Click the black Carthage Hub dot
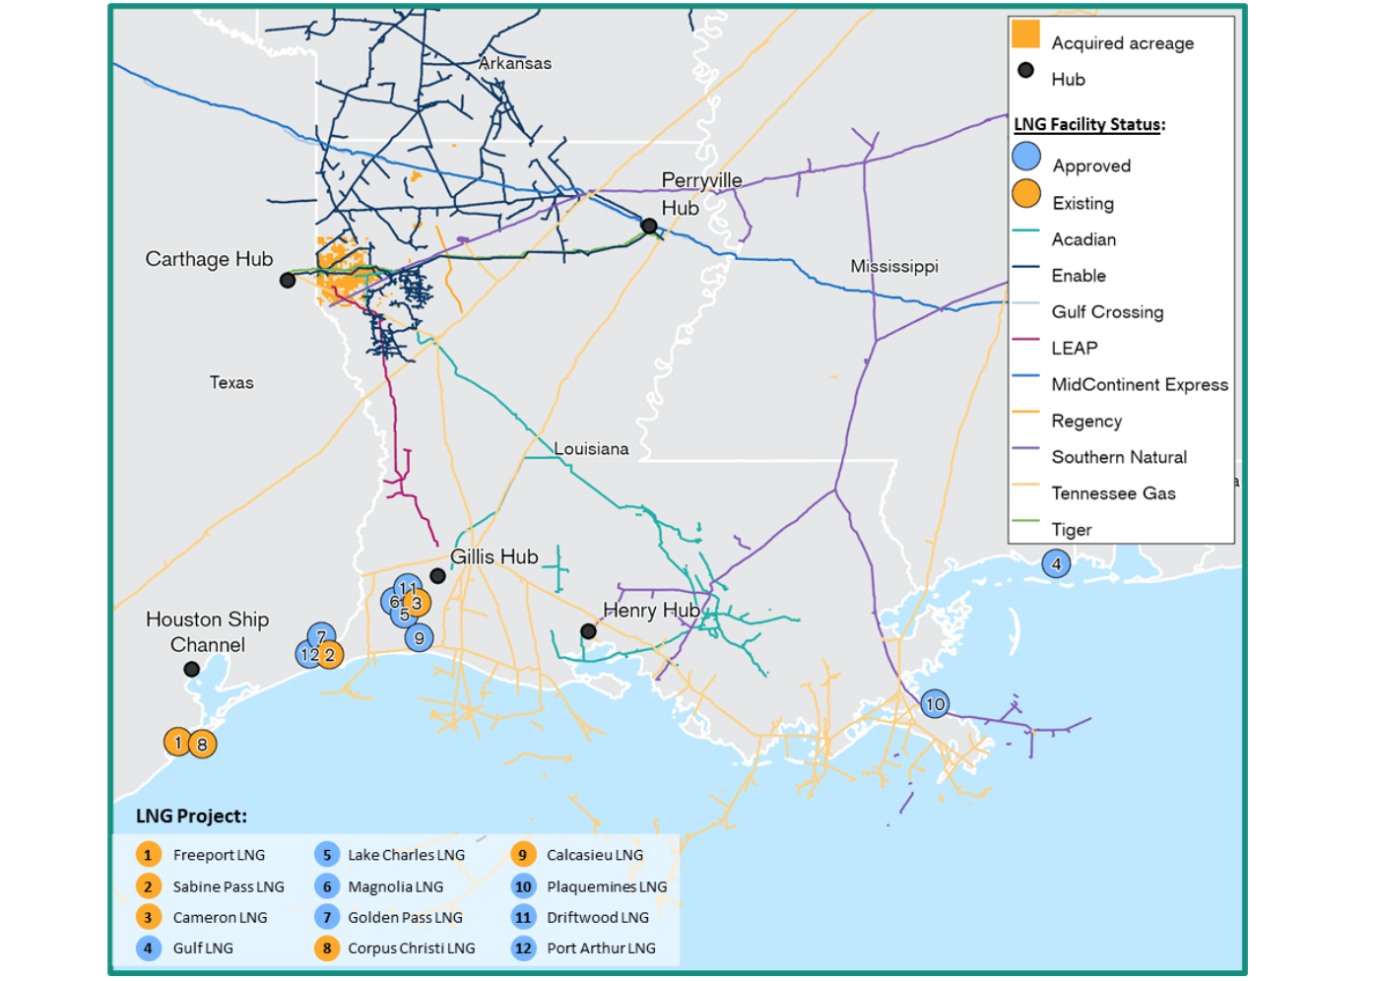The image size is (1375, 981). point(288,281)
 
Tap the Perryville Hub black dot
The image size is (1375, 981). point(649,227)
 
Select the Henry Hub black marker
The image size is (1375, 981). point(588,631)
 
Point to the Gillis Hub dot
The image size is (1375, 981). point(437,576)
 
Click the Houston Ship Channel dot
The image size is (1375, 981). point(192,670)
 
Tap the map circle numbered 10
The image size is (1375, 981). point(935,703)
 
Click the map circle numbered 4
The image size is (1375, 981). point(1056,564)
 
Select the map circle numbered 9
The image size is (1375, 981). point(419,637)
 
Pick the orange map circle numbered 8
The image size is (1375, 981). point(202,745)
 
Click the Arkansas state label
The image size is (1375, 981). point(514,63)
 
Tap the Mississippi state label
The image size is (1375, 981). point(893,266)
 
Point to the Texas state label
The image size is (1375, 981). point(231,382)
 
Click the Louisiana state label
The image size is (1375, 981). point(591,448)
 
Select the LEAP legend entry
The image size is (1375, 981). point(1074,348)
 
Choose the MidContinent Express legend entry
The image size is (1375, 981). point(1139,384)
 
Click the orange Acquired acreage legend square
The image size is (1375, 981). point(1025,34)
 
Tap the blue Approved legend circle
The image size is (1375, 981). point(1026,157)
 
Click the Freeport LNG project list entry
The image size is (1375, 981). point(219,855)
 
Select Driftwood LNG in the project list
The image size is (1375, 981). point(597,917)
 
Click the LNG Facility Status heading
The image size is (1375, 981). point(1088,124)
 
